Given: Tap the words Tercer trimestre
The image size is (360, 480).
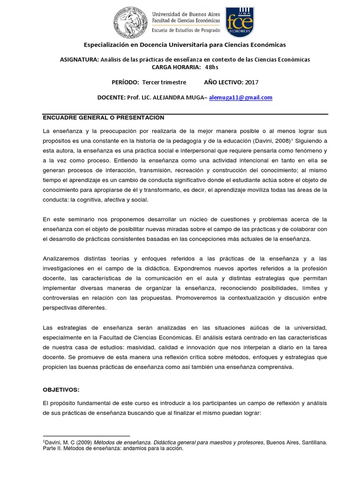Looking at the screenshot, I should pyautogui.click(x=164, y=82).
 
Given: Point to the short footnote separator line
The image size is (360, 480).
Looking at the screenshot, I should pyautogui.click(x=86, y=435).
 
